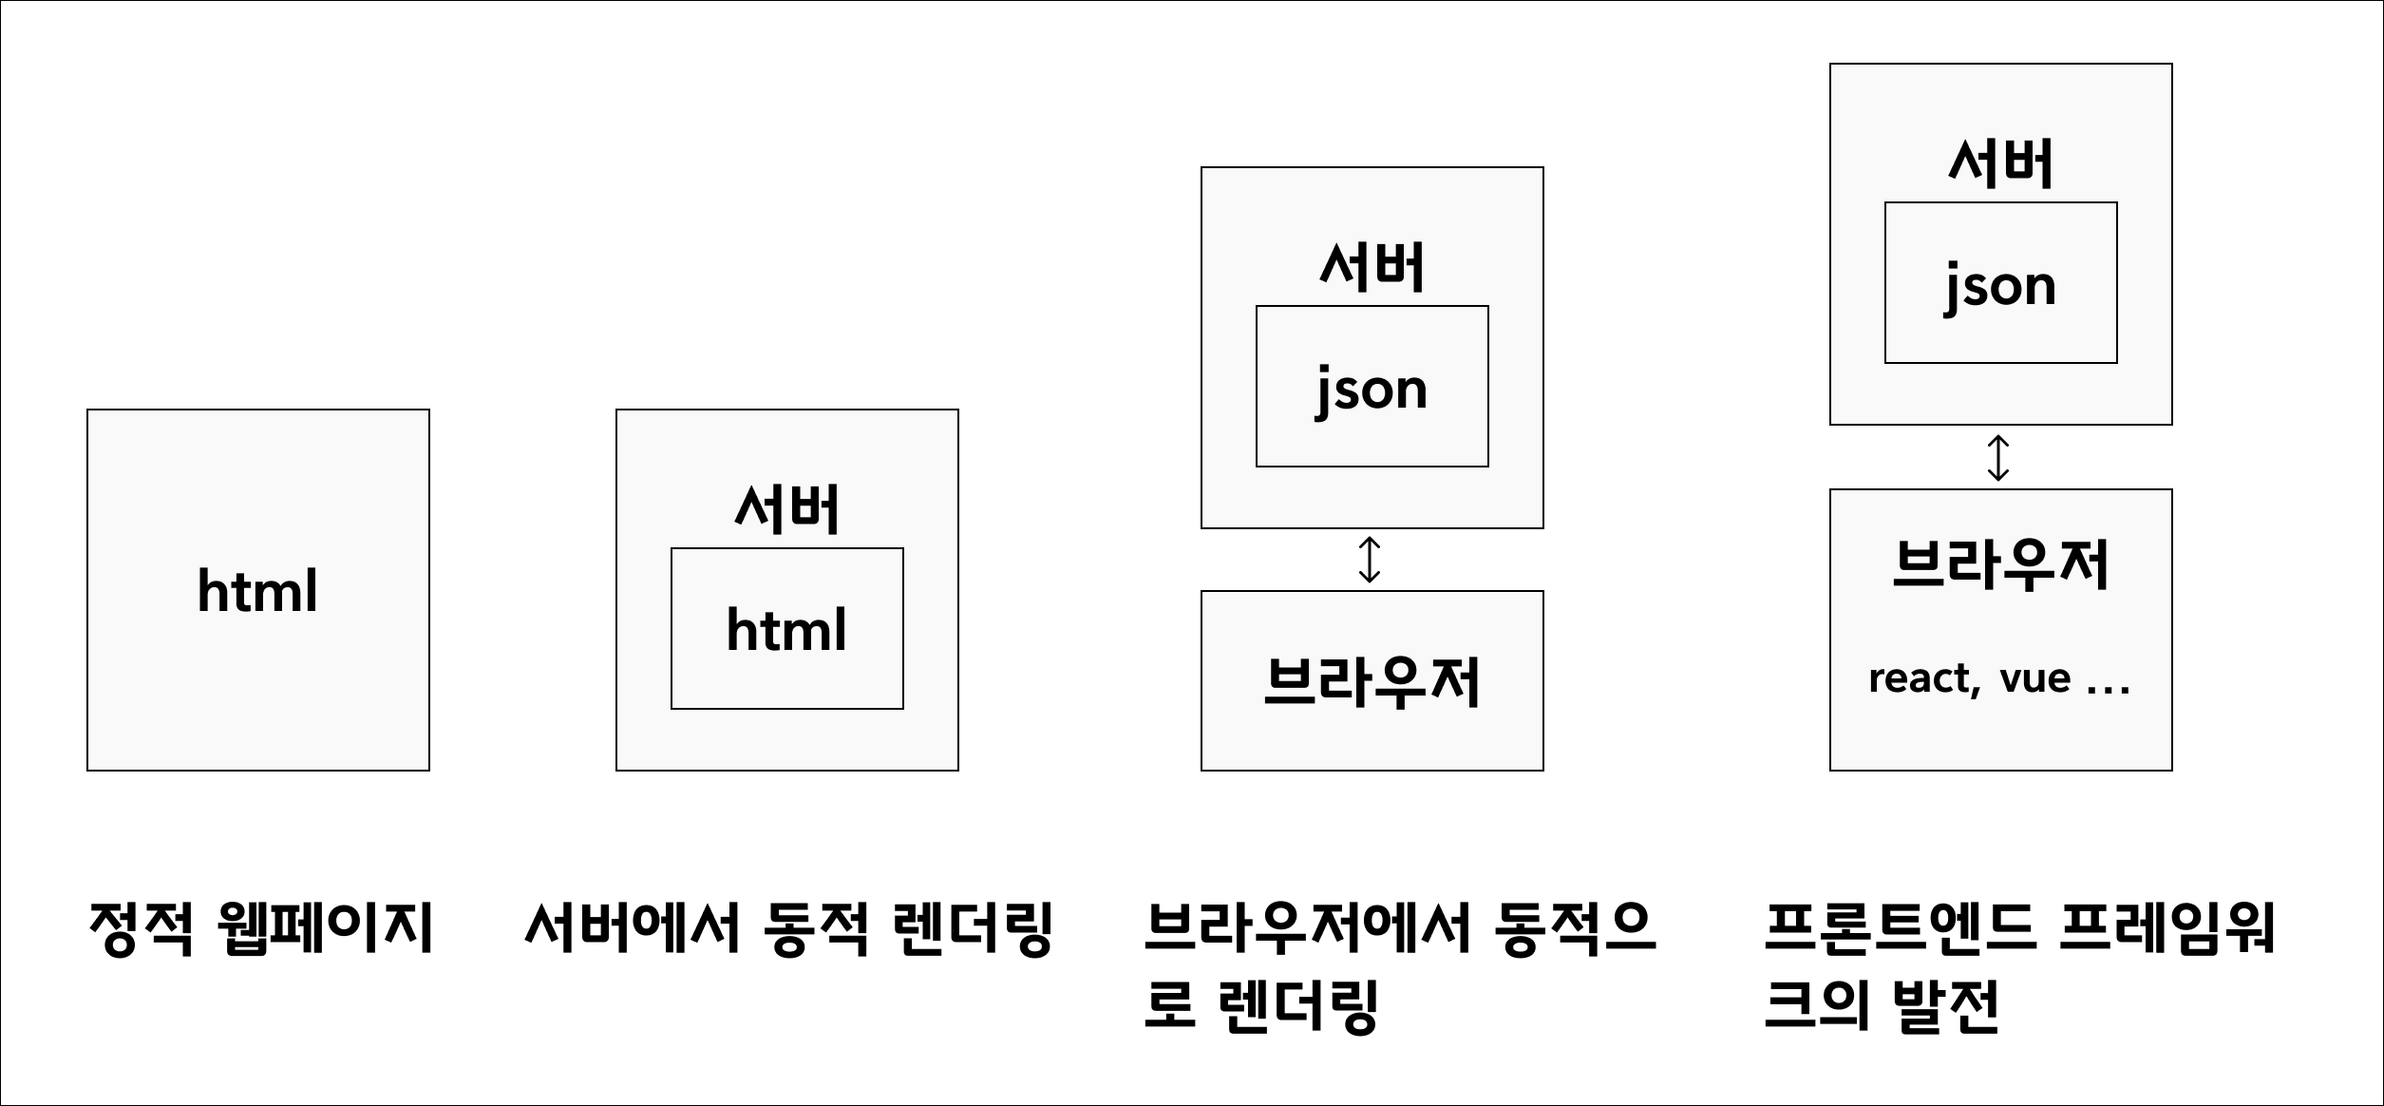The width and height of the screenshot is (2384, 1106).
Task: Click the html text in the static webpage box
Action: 257,591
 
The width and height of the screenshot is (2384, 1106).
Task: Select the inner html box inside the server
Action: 786,629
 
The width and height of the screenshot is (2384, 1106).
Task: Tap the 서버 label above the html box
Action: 786,510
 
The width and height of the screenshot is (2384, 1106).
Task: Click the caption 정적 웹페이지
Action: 260,928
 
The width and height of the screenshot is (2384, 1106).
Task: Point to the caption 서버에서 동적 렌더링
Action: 788,928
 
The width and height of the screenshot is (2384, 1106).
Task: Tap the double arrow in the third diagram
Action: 1369,560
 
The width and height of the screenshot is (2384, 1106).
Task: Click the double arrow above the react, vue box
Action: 1998,457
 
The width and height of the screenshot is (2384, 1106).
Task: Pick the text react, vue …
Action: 1998,678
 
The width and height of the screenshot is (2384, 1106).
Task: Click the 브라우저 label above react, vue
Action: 2000,564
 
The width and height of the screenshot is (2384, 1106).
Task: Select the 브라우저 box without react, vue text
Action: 1372,680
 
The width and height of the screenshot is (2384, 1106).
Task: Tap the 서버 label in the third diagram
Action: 1372,267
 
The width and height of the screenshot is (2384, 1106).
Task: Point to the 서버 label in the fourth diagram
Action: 2000,163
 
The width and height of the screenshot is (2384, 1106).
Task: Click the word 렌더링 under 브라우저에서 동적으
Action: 1301,1005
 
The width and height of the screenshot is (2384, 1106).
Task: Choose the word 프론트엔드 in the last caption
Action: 1899,928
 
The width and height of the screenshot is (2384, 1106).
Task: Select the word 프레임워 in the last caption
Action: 2167,928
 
